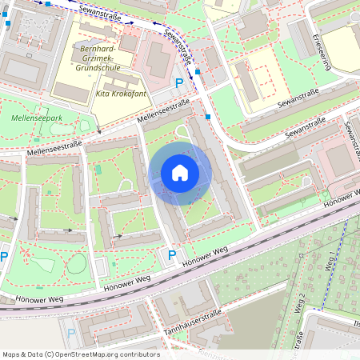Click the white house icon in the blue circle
(x=180, y=173)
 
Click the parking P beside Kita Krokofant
(x=179, y=82)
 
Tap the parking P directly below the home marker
(x=171, y=255)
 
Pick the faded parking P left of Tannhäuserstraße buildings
(x=71, y=333)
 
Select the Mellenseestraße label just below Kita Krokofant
(x=163, y=113)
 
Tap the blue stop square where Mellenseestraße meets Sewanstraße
(x=208, y=118)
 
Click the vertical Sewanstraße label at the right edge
(x=349, y=136)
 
